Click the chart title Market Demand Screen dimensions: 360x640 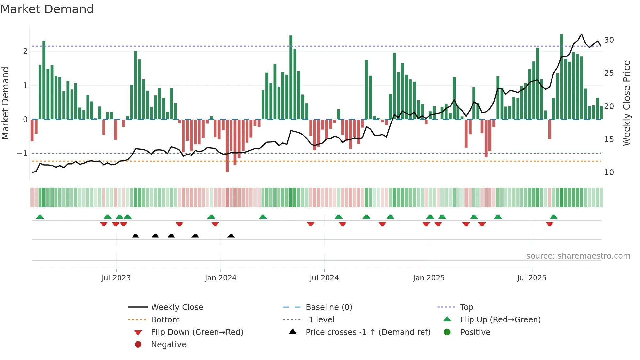point(47,9)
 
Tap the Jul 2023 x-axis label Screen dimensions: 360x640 point(116,278)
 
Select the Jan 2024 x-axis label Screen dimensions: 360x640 point(220,278)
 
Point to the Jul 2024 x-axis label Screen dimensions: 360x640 point(324,278)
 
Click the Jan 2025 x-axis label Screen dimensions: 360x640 point(428,278)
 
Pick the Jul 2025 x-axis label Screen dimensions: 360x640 point(532,278)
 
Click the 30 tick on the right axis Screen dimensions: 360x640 point(609,40)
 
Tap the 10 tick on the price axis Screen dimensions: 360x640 point(609,172)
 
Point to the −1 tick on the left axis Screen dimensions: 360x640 point(22,154)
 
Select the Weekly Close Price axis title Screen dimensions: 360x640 point(626,103)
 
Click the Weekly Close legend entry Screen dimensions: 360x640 point(177,307)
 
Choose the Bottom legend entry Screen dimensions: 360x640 point(165,320)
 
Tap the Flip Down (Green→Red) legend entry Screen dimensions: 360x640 point(197,332)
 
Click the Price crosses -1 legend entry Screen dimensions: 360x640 point(368,332)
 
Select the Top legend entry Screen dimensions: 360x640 point(467,307)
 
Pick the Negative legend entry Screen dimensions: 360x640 point(168,345)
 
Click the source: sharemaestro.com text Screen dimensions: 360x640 point(578,256)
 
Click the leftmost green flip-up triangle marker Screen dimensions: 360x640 point(40,217)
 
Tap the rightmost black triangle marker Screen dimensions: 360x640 point(231,236)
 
